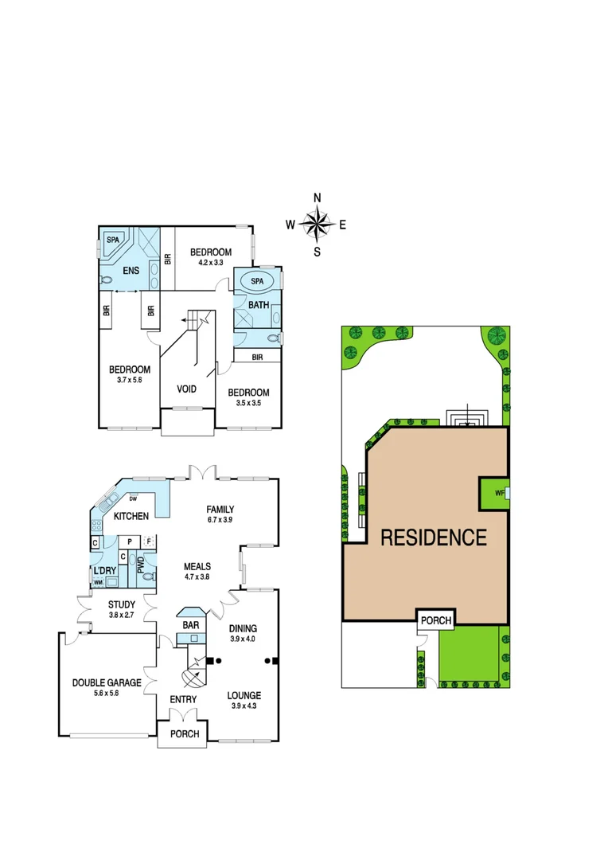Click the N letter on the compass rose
pos(317,198)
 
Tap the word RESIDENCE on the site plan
pos(434,537)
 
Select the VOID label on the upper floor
pos(189,389)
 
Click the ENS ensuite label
pos(131,270)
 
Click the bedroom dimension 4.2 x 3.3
pos(211,263)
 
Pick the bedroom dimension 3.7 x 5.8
pos(130,381)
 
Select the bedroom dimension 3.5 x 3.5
pos(248,404)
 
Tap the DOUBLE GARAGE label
pos(107,682)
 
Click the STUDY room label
pos(122,604)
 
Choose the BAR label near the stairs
pos(191,626)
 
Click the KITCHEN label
pos(131,517)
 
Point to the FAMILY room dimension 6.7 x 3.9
pos(220,521)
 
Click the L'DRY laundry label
pos(105,572)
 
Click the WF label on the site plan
pos(499,493)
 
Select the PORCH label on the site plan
pos(435,620)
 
